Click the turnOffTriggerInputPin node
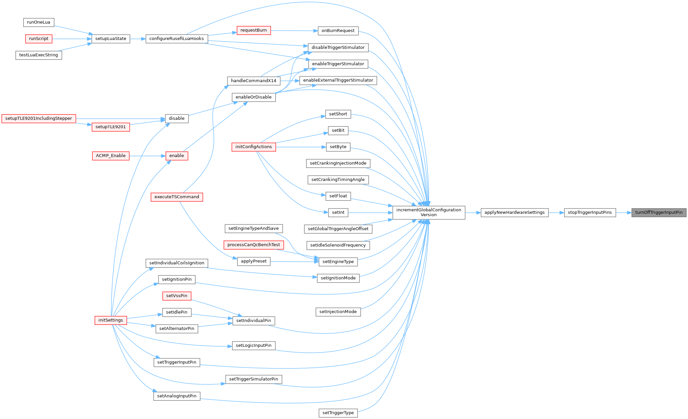click(659, 212)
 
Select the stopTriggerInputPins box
click(590, 212)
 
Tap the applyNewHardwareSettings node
click(514, 212)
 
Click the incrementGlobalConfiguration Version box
click(429, 212)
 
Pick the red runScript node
click(39, 39)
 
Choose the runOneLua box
click(39, 22)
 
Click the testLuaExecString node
click(39, 55)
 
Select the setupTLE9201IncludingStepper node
click(39, 118)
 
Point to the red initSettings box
click(111, 320)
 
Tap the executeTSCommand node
click(177, 197)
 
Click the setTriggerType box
click(338, 413)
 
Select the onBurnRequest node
click(338, 31)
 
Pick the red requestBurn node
click(254, 30)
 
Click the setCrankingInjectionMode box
click(338, 163)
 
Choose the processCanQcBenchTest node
click(254, 245)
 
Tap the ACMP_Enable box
click(111, 156)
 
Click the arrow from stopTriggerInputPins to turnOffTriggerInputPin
click(624, 212)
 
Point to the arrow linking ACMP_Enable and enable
click(147, 156)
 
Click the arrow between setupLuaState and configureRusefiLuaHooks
click(138, 39)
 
